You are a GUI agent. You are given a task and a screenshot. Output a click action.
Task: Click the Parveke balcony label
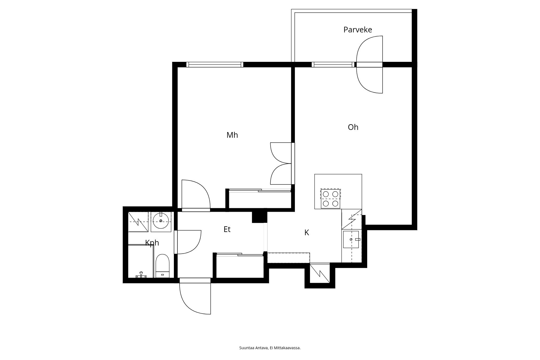pos(357,30)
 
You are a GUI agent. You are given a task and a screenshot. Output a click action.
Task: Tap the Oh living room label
pos(353,127)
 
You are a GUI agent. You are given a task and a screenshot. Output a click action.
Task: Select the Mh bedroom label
pos(232,135)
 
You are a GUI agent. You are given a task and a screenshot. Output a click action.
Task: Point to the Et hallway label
pos(227,229)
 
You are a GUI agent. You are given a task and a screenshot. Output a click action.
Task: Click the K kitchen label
pos(306,233)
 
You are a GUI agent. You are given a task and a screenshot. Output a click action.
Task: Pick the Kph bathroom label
pos(152,243)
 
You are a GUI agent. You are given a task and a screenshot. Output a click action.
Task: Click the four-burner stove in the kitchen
pos(330,198)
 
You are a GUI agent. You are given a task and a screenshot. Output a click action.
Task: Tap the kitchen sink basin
pos(351,239)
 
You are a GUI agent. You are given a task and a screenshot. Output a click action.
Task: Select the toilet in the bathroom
pos(163,266)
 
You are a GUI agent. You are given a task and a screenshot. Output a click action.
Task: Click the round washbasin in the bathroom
pos(161,220)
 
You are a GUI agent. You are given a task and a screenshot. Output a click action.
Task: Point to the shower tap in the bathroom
pos(141,275)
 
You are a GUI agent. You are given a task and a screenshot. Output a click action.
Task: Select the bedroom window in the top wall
pos(215,65)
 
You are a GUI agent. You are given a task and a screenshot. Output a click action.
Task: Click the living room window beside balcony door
pos(333,65)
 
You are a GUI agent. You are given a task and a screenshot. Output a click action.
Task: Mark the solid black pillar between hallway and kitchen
pos(259,216)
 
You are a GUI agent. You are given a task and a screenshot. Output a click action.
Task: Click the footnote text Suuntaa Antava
pos(254,348)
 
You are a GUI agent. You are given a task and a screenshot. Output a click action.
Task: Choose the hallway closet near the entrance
pos(240,266)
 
